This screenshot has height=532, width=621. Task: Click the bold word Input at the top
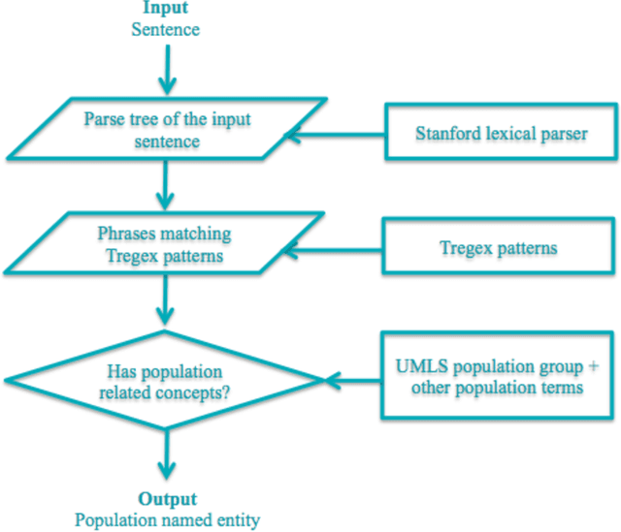(166, 9)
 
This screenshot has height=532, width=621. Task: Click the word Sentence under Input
(166, 29)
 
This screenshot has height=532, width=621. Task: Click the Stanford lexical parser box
(501, 133)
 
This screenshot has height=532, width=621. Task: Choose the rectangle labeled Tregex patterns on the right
(499, 248)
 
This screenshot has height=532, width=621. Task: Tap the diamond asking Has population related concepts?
(166, 381)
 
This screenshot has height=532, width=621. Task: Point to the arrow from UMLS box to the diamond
(354, 380)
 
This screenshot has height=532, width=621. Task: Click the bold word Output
(167, 499)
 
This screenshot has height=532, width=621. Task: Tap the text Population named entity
(167, 520)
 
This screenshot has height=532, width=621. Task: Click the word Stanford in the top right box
(444, 133)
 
